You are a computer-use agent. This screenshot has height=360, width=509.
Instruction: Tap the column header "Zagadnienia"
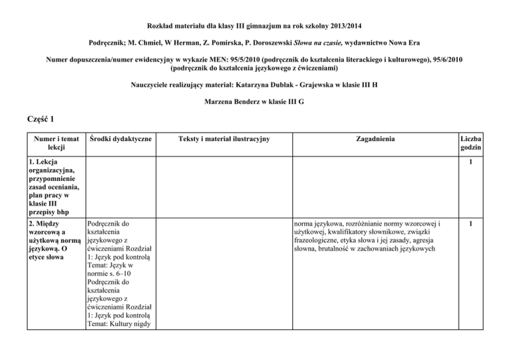[x=374, y=139]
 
